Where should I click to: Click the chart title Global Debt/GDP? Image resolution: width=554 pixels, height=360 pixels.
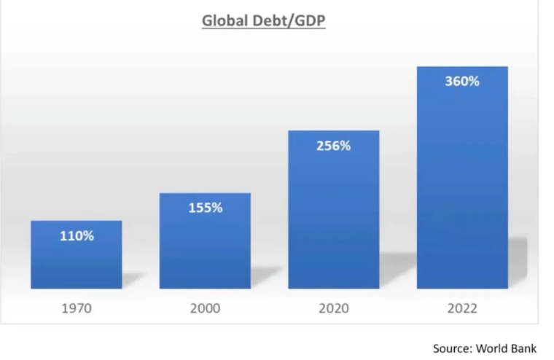pyautogui.click(x=263, y=21)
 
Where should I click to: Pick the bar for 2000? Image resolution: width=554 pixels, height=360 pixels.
pyautogui.click(x=205, y=244)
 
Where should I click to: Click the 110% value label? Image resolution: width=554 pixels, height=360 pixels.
pyautogui.click(x=77, y=236)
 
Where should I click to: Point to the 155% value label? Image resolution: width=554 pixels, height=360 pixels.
pyautogui.click(x=205, y=208)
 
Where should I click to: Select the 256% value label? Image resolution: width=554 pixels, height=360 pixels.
pyautogui.click(x=333, y=146)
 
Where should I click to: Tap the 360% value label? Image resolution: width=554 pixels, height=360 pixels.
pyautogui.click(x=462, y=82)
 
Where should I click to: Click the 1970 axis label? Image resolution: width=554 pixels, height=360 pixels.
pyautogui.click(x=77, y=308)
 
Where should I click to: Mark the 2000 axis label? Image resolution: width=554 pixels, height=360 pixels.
pyautogui.click(x=205, y=308)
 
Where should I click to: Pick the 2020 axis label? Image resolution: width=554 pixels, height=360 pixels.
pyautogui.click(x=333, y=308)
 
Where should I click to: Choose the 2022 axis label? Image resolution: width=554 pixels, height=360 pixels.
pyautogui.click(x=462, y=308)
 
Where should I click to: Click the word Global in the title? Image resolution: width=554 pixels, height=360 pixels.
pyautogui.click(x=225, y=21)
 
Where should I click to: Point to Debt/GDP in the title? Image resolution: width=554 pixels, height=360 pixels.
pyautogui.click(x=289, y=21)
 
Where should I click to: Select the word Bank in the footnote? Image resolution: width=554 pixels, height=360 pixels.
pyautogui.click(x=531, y=348)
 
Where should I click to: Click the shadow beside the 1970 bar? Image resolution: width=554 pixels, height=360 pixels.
pyautogui.click(x=132, y=281)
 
